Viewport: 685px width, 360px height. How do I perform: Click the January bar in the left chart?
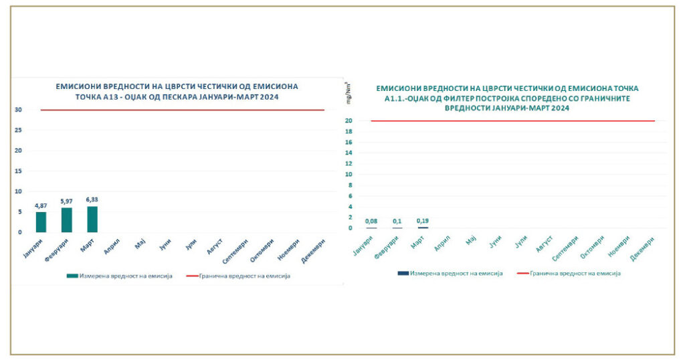tap(41, 221)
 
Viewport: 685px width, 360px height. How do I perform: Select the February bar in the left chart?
tap(66, 219)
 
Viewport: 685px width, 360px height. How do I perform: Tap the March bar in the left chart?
tap(92, 219)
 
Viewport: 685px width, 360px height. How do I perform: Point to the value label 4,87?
tap(41, 205)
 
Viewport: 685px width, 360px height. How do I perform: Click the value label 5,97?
tap(66, 201)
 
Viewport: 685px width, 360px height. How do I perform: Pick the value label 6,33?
tap(92, 199)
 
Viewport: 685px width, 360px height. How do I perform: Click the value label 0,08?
tap(371, 221)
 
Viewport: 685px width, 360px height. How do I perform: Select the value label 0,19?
tap(423, 220)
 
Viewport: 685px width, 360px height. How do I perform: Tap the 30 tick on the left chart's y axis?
tap(19, 110)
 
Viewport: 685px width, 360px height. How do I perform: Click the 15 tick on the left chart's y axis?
tap(19, 171)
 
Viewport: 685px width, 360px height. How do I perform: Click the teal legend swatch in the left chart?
tap(72, 276)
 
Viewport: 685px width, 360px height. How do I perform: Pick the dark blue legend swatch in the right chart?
tap(403, 273)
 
